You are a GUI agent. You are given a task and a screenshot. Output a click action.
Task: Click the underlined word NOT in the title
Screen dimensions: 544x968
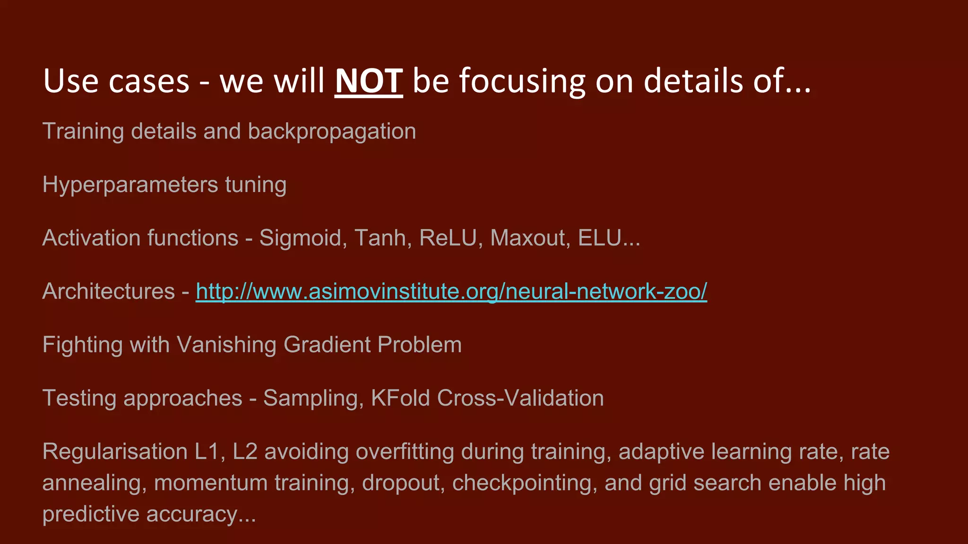(x=369, y=81)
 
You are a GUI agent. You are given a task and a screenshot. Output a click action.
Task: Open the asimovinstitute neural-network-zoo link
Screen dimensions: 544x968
(x=451, y=291)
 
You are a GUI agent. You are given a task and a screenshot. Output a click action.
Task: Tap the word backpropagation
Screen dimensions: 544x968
(x=332, y=131)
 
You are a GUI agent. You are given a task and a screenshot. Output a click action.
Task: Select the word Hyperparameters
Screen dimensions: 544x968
(x=130, y=185)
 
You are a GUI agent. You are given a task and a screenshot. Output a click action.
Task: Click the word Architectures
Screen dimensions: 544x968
(x=109, y=291)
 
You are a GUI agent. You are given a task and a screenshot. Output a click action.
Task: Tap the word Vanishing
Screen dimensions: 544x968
(x=226, y=345)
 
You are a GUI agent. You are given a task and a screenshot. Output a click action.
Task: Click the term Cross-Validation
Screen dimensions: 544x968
(x=520, y=398)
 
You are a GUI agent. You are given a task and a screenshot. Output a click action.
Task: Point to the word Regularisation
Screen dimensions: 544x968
(x=115, y=451)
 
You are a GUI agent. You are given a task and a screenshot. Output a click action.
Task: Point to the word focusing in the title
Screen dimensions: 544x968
(x=523, y=81)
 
